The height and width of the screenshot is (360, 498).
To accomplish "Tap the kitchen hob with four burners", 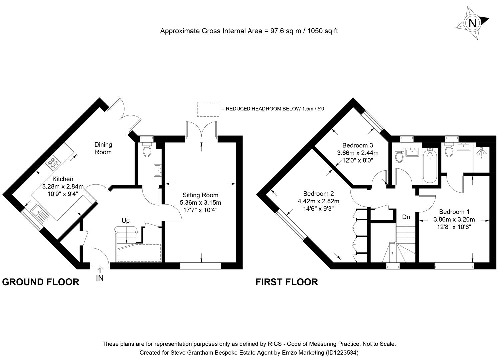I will (x=52, y=163).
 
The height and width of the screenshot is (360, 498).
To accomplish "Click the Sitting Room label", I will (x=200, y=195).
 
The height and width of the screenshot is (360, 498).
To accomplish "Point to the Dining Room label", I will (x=103, y=148).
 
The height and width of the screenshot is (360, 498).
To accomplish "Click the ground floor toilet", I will (x=147, y=150).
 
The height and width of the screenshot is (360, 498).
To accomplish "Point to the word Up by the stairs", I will (x=126, y=221).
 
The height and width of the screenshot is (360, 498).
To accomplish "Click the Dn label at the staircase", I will (x=406, y=217).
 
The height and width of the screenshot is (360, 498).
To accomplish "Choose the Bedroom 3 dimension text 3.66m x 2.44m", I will (x=358, y=153).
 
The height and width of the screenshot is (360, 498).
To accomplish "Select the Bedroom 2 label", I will (x=318, y=194).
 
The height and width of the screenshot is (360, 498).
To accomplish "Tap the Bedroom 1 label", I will (x=454, y=212).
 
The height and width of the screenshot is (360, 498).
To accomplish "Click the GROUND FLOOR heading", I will (x=41, y=282).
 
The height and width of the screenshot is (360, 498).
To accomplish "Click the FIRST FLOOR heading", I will (x=287, y=282).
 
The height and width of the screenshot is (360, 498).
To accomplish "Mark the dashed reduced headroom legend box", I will (x=208, y=109).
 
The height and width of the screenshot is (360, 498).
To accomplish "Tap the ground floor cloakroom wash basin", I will (x=157, y=170).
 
